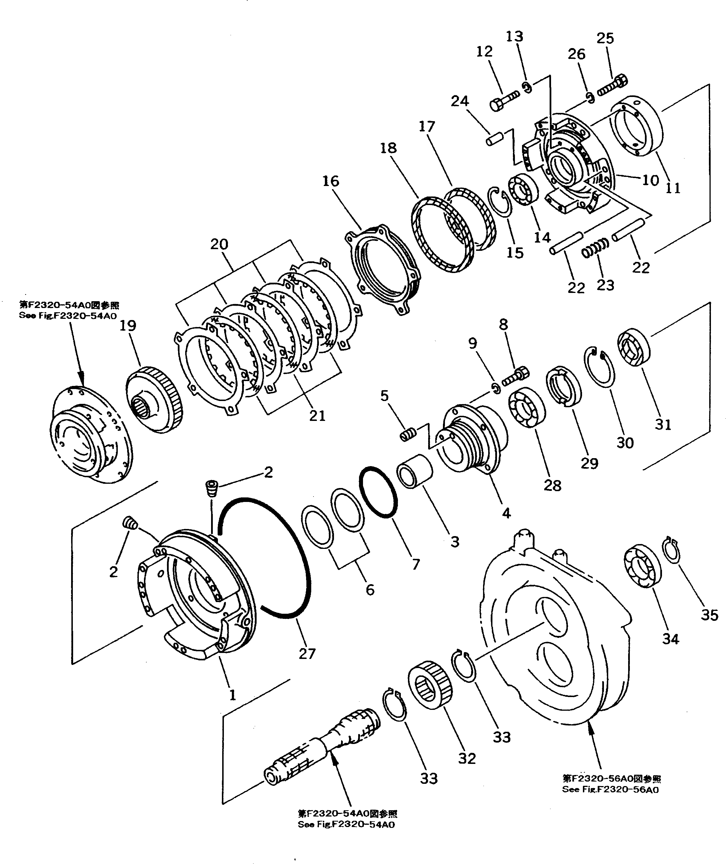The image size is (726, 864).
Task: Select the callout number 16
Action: (331, 181)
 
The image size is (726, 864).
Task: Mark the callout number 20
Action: (219, 244)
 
